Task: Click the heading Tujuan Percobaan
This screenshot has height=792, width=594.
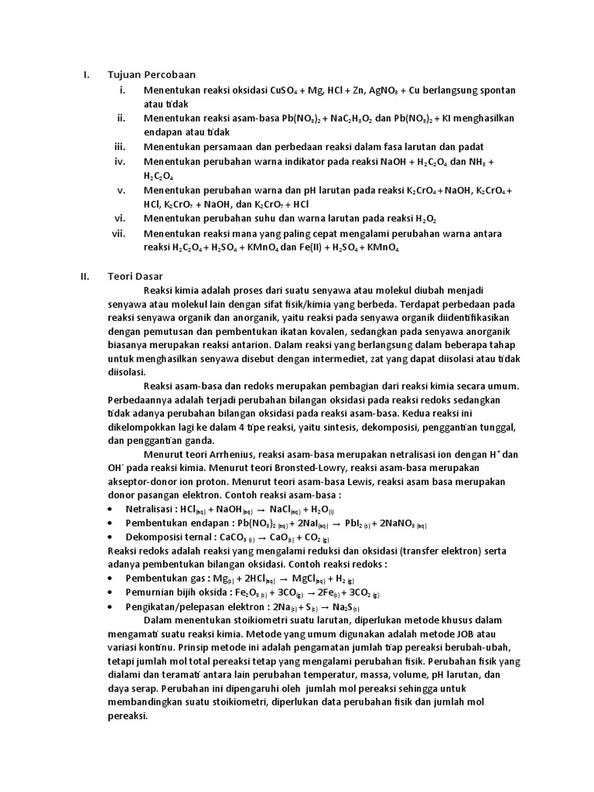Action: point(152,75)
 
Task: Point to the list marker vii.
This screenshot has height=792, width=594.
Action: point(118,233)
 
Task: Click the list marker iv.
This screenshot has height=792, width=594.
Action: point(120,161)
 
